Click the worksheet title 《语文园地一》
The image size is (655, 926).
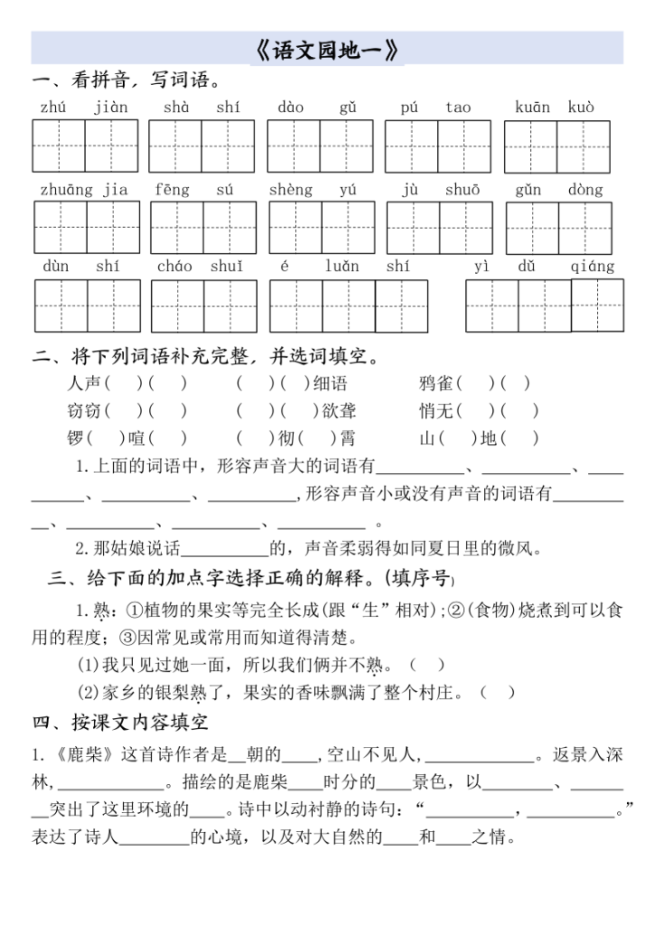(x=327, y=49)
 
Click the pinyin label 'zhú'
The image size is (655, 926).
(x=53, y=108)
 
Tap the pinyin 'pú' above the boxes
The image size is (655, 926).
(x=409, y=108)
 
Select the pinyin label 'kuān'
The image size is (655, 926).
(x=532, y=108)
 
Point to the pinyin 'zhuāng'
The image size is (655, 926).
(x=66, y=190)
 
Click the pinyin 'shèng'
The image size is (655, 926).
(x=290, y=190)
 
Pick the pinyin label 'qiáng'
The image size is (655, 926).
(x=593, y=267)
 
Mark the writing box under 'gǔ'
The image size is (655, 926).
(x=346, y=146)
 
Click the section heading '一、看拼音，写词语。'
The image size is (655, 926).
(x=127, y=81)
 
